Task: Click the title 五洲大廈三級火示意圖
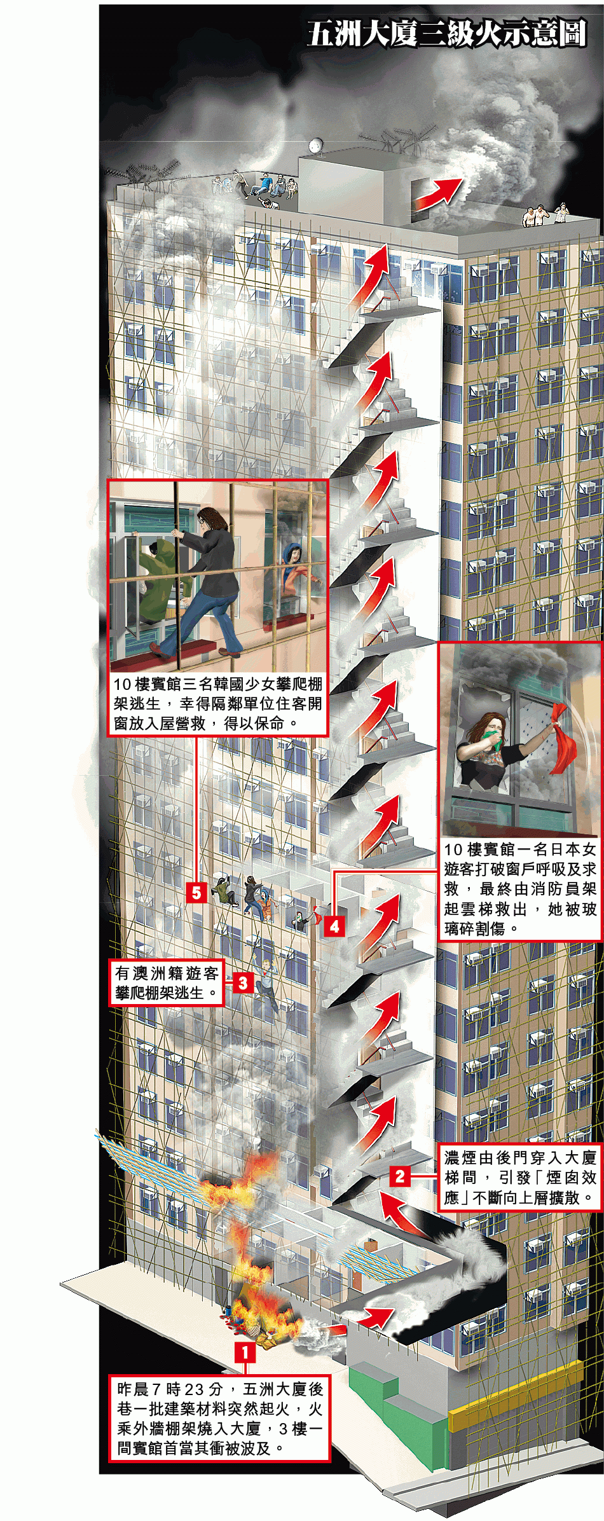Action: (446, 34)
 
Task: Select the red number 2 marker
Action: (399, 1176)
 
